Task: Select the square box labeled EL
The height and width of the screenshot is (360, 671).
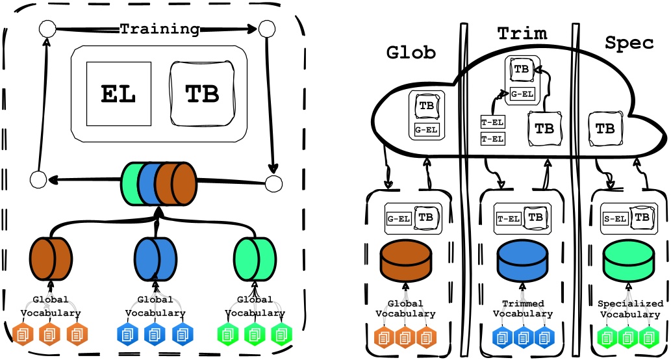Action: (x=118, y=94)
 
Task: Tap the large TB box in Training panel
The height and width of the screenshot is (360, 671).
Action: (x=202, y=94)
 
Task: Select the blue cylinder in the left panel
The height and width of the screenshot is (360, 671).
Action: (x=155, y=256)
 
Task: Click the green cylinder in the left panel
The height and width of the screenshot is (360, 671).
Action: (x=254, y=256)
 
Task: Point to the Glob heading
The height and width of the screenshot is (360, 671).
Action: (x=411, y=51)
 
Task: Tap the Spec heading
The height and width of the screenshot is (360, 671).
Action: (x=629, y=43)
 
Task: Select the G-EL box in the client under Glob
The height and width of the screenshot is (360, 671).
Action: (x=399, y=218)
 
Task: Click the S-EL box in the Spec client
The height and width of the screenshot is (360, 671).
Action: (x=614, y=218)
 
